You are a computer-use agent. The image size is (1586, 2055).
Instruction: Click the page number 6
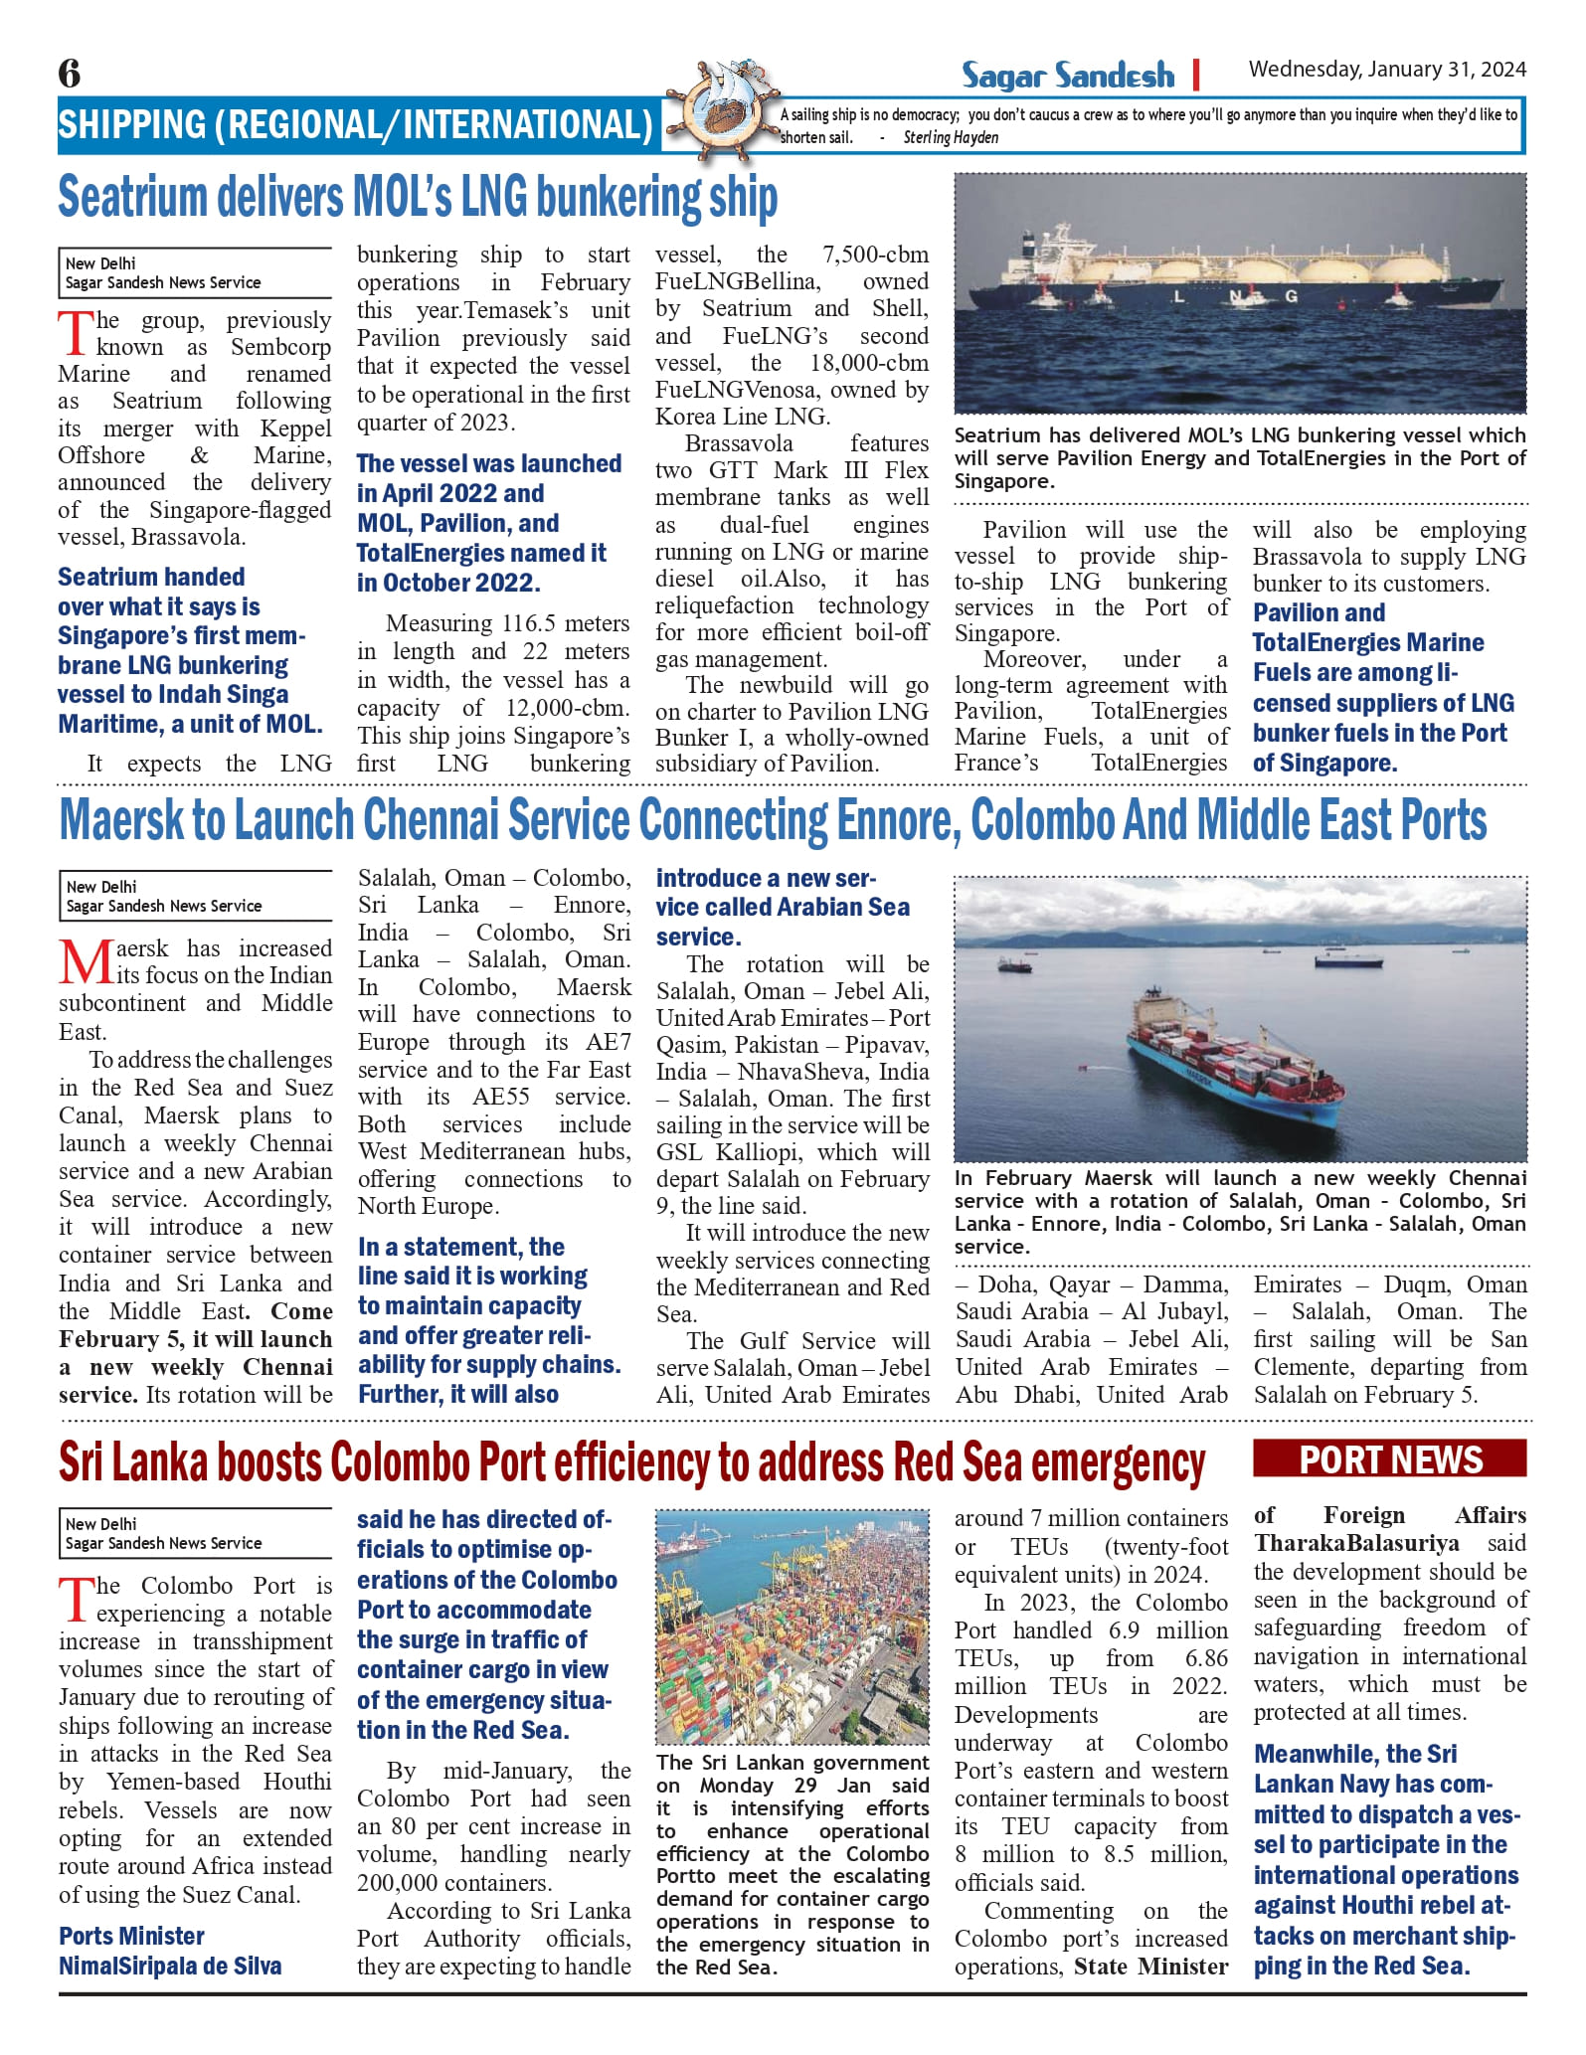(x=69, y=73)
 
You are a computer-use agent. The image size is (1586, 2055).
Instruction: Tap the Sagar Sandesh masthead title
(x=1067, y=76)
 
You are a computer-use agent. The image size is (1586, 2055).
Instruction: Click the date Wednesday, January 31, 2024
(x=1387, y=70)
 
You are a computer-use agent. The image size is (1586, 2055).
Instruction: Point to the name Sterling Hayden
(x=951, y=138)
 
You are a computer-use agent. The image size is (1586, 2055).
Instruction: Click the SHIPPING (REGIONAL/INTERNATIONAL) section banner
(x=355, y=125)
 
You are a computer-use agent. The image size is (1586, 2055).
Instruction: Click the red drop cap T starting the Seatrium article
(x=76, y=333)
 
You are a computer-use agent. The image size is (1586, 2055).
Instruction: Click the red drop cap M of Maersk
(x=84, y=962)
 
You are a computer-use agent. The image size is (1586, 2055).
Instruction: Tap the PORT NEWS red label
(x=1390, y=1459)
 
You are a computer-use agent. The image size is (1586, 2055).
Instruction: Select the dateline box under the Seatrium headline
(x=195, y=273)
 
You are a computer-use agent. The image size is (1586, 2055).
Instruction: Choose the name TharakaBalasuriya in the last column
(x=1356, y=1543)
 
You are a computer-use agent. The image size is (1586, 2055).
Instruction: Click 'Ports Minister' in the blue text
(x=131, y=1936)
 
